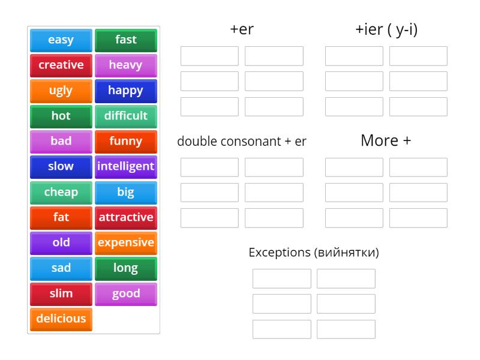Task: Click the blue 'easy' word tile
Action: [61, 40]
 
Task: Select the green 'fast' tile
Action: [125, 40]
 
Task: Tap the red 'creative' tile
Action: [61, 65]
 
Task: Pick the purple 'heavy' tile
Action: [125, 65]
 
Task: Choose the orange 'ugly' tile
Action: [61, 91]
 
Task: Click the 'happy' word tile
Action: [125, 91]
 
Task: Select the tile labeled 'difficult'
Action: [125, 116]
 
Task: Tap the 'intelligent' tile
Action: [125, 167]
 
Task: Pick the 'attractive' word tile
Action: [125, 217]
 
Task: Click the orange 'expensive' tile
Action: [125, 243]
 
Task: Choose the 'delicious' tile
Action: [61, 319]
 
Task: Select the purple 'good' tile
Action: [125, 293]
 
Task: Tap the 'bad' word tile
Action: [61, 142]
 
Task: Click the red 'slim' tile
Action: [61, 293]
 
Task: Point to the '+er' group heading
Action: [242, 29]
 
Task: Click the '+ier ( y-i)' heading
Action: [386, 29]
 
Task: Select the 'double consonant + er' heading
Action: [242, 142]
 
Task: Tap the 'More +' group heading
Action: [386, 141]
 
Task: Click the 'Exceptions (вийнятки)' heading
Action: [314, 253]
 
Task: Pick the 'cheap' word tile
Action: [61, 192]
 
